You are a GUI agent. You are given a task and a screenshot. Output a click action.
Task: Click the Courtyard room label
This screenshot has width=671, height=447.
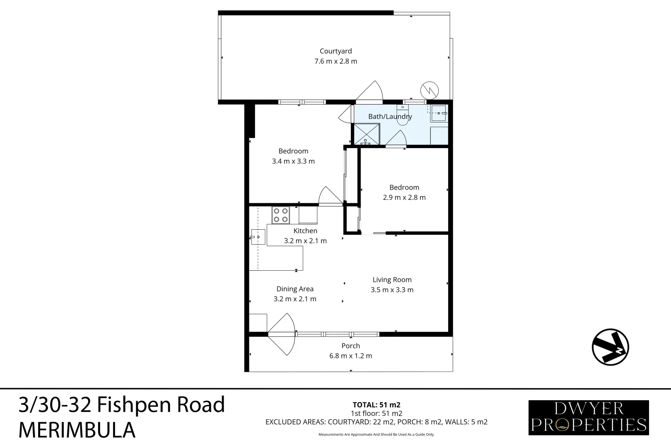[335, 51]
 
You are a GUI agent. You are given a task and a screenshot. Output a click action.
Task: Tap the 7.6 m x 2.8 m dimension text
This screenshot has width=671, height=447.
[335, 61]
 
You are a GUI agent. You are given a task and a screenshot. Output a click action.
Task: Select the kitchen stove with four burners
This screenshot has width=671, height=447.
[281, 215]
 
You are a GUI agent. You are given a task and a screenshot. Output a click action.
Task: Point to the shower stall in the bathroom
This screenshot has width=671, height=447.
[367, 134]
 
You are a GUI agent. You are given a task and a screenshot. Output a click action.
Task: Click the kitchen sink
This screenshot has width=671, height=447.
[258, 237]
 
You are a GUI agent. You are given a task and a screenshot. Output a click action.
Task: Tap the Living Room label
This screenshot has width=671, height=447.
[392, 280]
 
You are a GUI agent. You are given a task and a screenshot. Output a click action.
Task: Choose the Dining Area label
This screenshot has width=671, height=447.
[295, 289]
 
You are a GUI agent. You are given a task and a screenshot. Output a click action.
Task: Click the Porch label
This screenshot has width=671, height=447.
[350, 346]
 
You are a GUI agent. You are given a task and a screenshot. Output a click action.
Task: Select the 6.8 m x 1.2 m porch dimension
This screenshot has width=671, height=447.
[350, 356]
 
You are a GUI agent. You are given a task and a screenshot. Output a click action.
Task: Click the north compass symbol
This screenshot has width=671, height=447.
[610, 347]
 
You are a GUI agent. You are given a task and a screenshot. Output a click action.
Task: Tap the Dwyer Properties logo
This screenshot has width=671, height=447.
[588, 417]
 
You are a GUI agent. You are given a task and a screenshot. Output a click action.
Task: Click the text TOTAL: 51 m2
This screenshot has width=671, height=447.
[376, 405]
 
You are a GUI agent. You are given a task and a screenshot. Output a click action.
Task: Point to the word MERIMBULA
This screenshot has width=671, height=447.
[77, 430]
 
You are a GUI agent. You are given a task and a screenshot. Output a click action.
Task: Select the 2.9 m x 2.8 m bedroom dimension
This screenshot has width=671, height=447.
[404, 197]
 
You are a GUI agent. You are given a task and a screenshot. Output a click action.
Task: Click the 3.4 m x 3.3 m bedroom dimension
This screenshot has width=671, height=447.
[293, 161]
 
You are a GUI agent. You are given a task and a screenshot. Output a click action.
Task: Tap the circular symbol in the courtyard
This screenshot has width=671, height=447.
[429, 90]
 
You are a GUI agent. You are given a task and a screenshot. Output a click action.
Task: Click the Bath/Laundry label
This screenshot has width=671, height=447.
[390, 116]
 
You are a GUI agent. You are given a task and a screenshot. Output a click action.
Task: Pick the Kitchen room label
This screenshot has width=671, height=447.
[305, 231]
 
